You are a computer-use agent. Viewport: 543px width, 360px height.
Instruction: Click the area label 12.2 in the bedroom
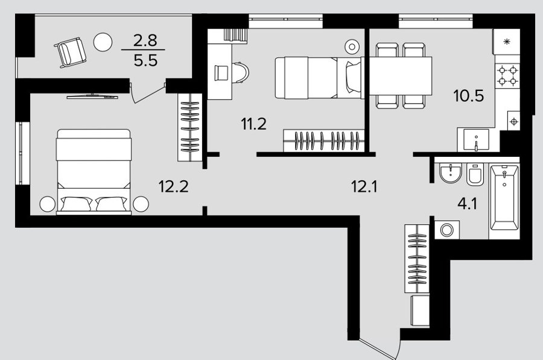(x=174, y=186)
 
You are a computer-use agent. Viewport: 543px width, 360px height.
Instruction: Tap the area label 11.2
(x=254, y=124)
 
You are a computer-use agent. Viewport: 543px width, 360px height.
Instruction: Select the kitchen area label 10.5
(x=469, y=95)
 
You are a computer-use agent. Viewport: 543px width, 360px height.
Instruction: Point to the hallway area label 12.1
(x=364, y=187)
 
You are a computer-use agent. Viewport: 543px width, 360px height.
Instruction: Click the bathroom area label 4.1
(x=467, y=204)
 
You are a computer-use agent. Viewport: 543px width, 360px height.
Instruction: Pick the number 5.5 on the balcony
(x=146, y=60)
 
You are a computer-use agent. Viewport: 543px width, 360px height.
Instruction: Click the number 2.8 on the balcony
(x=145, y=40)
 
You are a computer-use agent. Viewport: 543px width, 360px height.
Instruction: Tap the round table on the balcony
(x=103, y=42)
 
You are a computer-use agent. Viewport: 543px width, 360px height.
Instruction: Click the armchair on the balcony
(x=71, y=52)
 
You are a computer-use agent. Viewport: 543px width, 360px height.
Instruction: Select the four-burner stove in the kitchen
(x=507, y=76)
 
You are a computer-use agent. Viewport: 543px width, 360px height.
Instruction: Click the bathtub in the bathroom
(x=504, y=198)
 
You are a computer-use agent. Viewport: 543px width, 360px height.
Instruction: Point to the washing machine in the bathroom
(x=447, y=230)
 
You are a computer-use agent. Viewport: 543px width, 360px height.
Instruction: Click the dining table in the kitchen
(x=401, y=76)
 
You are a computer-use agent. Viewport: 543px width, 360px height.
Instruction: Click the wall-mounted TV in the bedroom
(x=92, y=96)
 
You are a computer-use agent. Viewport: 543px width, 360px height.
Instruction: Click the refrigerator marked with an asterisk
(x=507, y=42)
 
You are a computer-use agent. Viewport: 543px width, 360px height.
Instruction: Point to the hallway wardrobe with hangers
(x=417, y=258)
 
